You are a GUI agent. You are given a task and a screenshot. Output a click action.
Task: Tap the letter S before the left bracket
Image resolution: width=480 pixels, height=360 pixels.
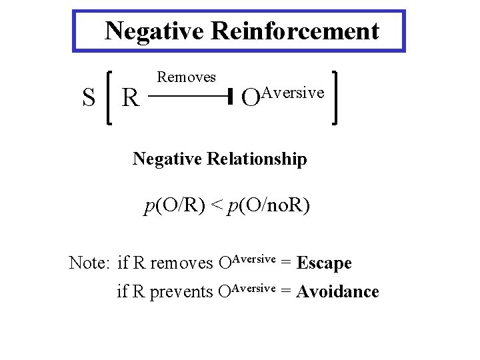tap(88, 98)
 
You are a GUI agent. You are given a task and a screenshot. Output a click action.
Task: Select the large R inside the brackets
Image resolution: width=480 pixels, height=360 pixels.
tap(131, 99)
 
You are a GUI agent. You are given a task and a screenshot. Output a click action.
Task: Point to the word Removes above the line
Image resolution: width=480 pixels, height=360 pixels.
tap(186, 77)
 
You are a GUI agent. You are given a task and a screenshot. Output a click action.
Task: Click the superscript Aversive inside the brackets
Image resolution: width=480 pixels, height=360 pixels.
tap(293, 93)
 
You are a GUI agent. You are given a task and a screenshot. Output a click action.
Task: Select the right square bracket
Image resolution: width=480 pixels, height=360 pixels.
tap(335, 98)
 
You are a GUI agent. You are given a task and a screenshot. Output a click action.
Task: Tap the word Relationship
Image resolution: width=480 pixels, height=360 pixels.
tap(257, 159)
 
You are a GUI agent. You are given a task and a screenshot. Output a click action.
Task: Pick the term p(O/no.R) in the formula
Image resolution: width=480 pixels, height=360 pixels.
tap(269, 207)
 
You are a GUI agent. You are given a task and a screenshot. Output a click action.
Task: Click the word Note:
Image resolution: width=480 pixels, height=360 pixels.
tap(89, 263)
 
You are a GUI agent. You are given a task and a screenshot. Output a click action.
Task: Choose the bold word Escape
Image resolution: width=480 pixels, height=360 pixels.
tap(324, 263)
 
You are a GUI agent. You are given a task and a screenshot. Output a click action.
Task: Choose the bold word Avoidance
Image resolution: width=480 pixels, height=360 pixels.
tap(338, 292)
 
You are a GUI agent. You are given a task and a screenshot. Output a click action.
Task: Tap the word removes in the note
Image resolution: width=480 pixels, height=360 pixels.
tap(181, 264)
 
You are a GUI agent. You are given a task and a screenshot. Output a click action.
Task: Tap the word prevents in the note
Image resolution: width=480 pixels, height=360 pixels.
tap(182, 293)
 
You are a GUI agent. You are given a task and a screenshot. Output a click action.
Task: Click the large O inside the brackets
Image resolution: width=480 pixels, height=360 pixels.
tap(250, 99)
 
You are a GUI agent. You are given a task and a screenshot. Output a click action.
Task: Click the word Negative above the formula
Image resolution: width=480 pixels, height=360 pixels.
tap(168, 159)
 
